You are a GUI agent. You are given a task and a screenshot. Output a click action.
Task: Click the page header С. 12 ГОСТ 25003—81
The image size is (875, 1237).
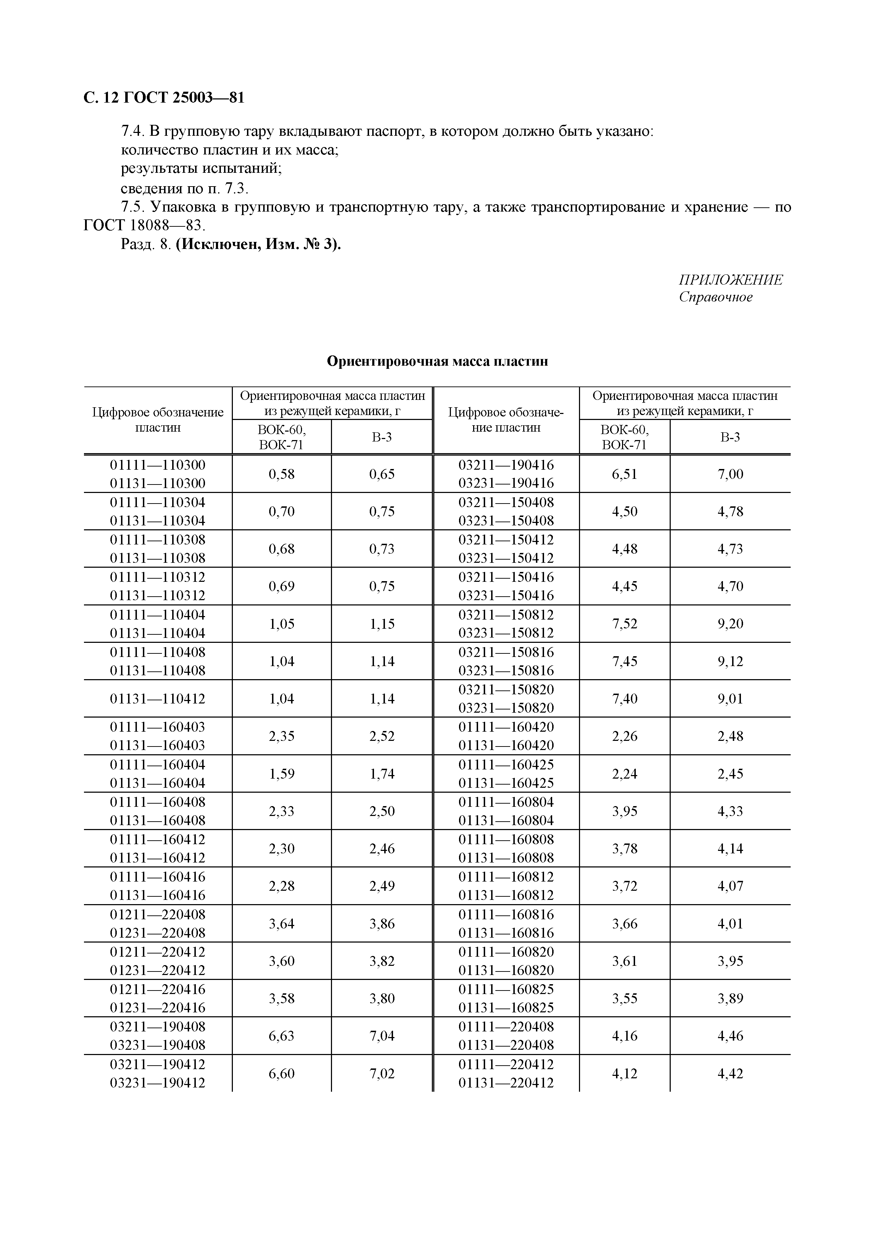pos(164,98)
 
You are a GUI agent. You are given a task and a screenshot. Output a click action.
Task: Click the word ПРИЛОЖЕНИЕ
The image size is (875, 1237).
pos(730,280)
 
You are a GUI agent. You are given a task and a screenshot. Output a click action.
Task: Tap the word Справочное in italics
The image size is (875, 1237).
pos(716,297)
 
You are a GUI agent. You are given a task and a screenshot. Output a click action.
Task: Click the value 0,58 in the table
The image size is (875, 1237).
pos(282,474)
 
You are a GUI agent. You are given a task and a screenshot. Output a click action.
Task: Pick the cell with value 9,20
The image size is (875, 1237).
pos(730,624)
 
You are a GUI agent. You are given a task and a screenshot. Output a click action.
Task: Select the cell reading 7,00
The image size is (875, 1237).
pos(730,474)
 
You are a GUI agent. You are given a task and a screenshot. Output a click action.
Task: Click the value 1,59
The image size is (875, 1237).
pos(282,774)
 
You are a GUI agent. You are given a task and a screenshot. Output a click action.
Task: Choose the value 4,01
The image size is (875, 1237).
pos(730,924)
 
